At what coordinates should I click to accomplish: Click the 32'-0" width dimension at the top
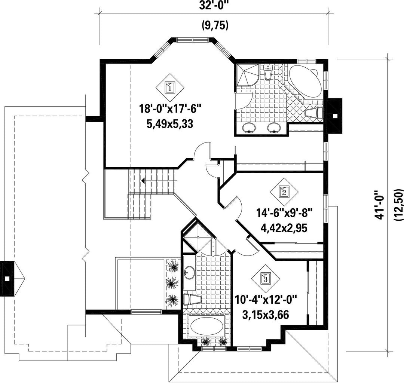pos(214,5)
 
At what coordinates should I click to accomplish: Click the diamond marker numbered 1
pos(170,88)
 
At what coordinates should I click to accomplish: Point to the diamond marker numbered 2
pos(284,192)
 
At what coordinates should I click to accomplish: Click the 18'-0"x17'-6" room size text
pos(170,108)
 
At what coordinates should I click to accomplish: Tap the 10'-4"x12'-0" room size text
pos(266,300)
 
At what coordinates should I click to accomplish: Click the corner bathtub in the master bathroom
pos(306,81)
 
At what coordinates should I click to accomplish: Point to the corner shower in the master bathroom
pos(247,75)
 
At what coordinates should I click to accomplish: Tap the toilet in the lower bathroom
pos(192,300)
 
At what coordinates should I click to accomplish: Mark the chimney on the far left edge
pos(7,278)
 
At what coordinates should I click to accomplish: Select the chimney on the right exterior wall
pos(334,116)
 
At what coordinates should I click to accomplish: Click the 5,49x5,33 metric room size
pos(170,125)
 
